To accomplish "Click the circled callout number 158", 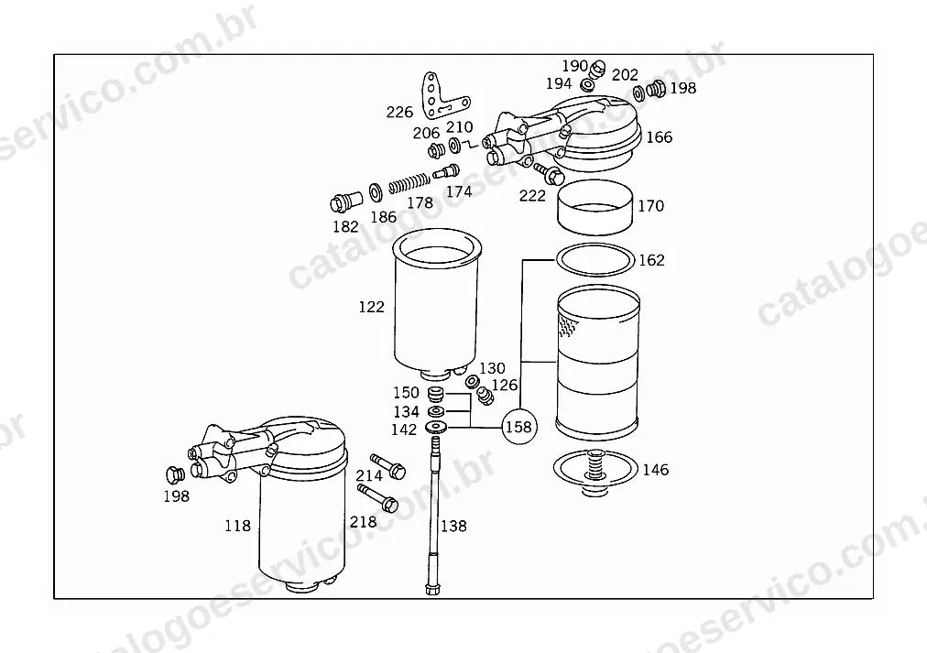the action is click(x=519, y=427).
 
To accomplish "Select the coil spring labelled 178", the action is click(x=408, y=183).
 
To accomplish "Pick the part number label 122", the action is click(x=371, y=307).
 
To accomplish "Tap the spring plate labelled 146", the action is click(x=595, y=472).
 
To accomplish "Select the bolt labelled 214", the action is click(x=387, y=466).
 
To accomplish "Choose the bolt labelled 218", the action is click(x=377, y=497).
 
